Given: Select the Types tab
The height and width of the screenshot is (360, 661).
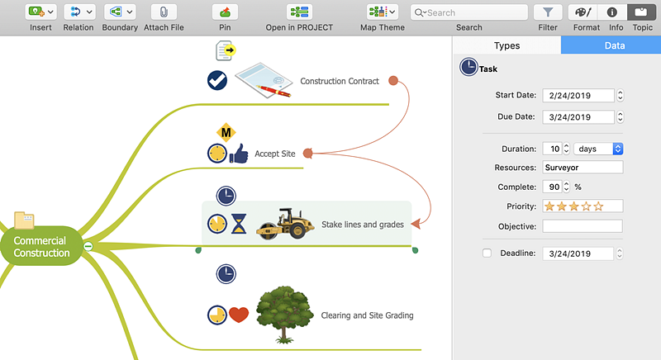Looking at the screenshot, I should [x=506, y=46].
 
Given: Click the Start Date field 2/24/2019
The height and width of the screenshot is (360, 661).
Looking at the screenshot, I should [x=578, y=96].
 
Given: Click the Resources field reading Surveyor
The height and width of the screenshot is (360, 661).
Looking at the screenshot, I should [x=583, y=168].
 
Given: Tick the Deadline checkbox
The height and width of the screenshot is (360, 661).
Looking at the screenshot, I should [x=487, y=253].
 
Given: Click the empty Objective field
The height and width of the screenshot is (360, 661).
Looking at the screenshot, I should [x=583, y=226].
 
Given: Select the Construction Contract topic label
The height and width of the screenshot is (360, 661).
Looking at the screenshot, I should [x=340, y=81].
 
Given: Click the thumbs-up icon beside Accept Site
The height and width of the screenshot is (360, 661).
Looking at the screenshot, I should [x=239, y=154].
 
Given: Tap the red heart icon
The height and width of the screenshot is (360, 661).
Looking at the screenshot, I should [x=239, y=315].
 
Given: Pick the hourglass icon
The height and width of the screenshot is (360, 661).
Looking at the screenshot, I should [x=239, y=225].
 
